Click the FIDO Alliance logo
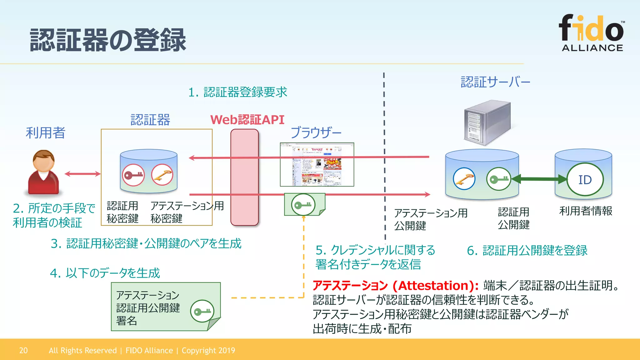(592, 33)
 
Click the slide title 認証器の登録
(108, 40)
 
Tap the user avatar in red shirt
(43, 172)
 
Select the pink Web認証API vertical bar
(244, 177)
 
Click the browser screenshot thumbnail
(317, 165)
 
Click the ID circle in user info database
(585, 180)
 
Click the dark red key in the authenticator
(133, 175)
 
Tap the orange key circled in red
(162, 175)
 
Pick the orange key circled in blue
(464, 179)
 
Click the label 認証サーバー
(495, 82)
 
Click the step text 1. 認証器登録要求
(237, 92)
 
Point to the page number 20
(23, 350)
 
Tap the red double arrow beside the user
(82, 174)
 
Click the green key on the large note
(202, 311)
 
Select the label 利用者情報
(586, 211)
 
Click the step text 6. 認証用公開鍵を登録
(527, 251)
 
